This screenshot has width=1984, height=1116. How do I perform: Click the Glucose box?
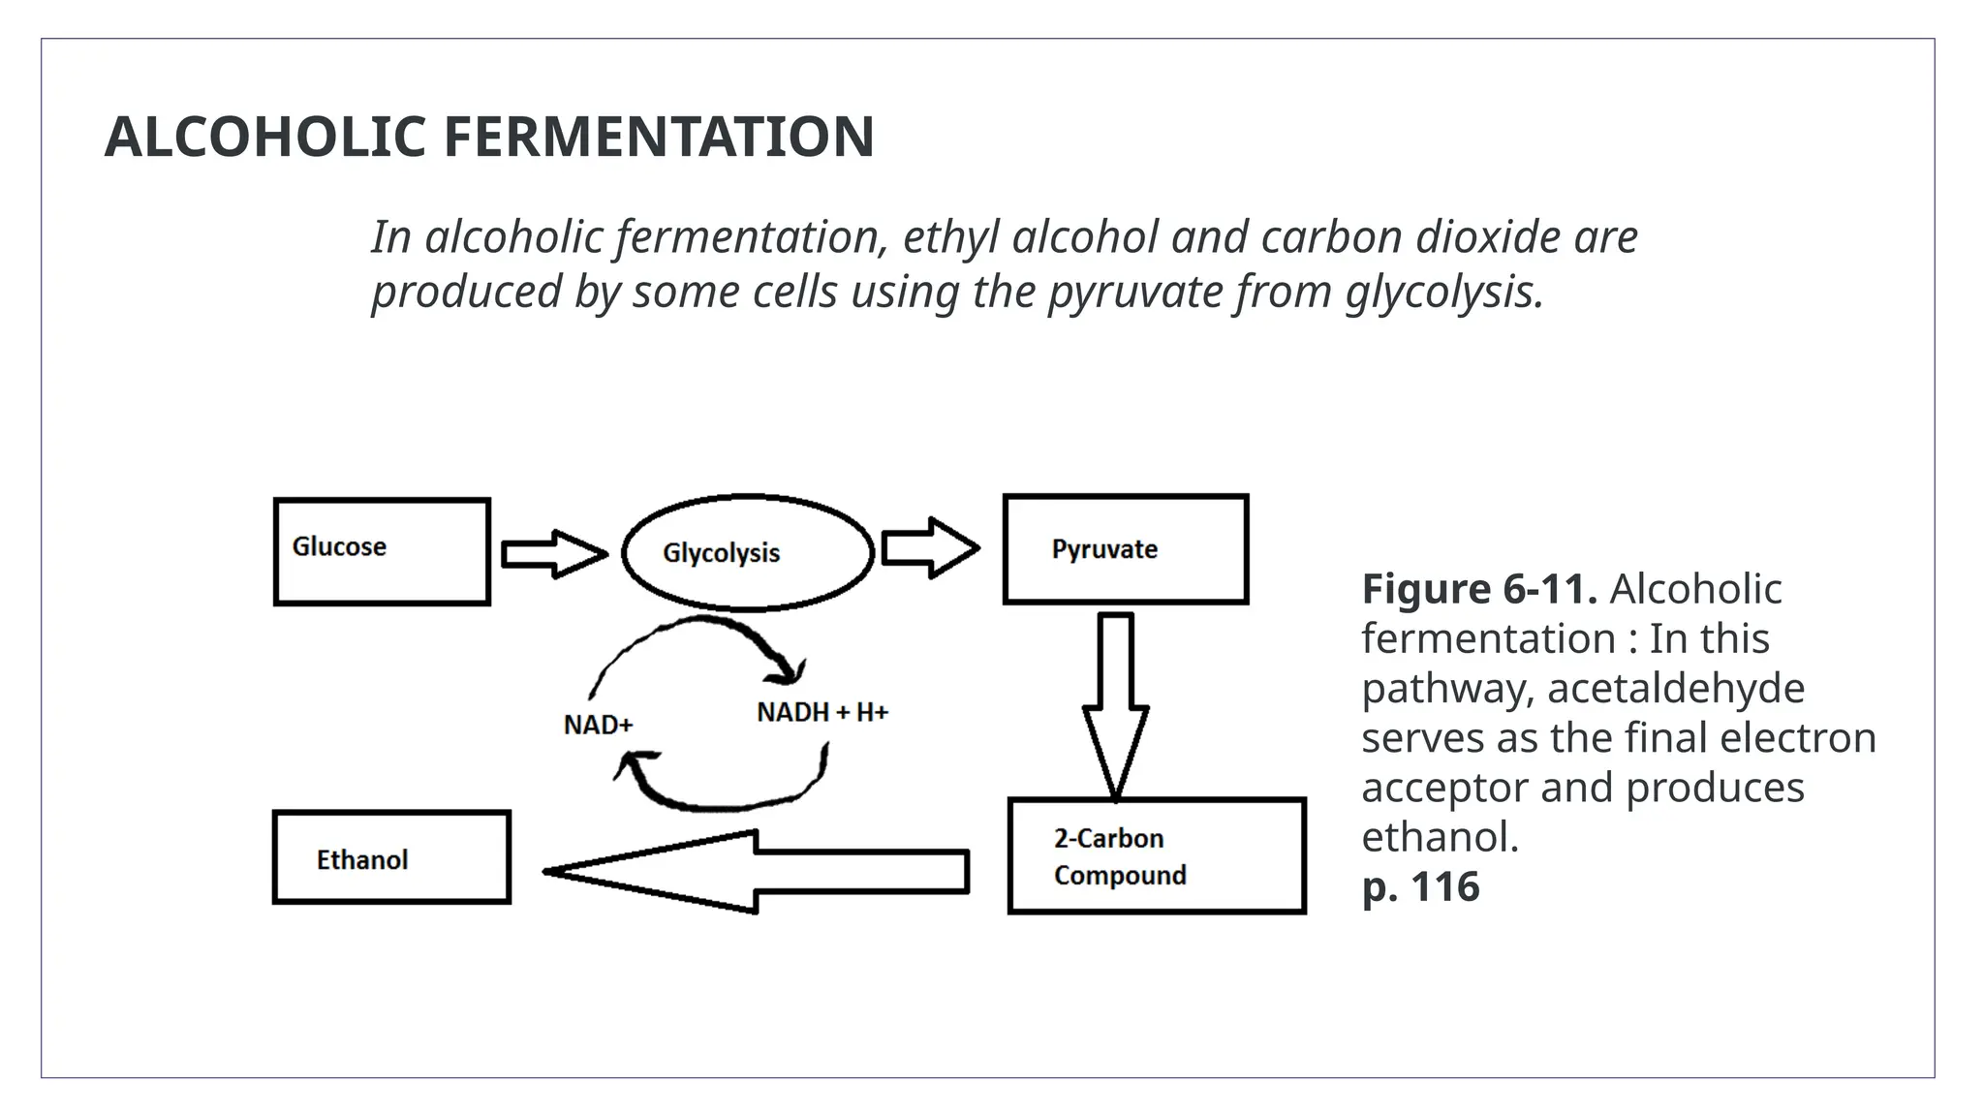click(382, 551)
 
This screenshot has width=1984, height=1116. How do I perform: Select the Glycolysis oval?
click(747, 552)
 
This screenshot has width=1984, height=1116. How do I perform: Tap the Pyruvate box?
click(1125, 549)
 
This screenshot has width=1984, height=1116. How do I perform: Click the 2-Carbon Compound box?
click(1157, 855)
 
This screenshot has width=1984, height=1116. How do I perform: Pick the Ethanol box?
click(391, 857)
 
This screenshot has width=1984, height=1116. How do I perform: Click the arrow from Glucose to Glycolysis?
click(553, 554)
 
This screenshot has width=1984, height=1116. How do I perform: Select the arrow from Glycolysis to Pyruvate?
click(929, 548)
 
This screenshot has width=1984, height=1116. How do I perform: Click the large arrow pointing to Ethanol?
click(756, 871)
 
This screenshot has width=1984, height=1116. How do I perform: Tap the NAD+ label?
click(598, 725)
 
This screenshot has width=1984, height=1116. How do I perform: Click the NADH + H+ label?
click(821, 713)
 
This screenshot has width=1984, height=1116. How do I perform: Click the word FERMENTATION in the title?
click(659, 137)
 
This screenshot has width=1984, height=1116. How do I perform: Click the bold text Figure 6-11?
click(1478, 589)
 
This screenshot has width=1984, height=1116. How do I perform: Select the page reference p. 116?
click(1420, 886)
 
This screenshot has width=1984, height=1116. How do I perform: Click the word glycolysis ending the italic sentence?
click(1443, 292)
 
